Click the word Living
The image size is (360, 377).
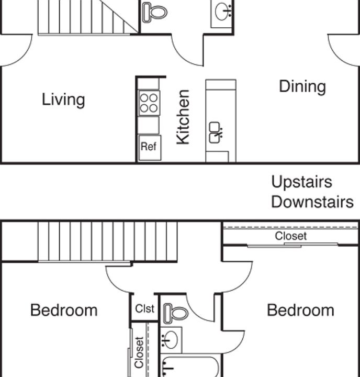[x=63, y=99]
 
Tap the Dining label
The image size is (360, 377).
[x=302, y=86]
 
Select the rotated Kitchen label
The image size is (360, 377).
[x=183, y=117]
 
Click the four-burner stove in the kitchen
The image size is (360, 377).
[x=149, y=103]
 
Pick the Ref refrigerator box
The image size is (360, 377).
[x=149, y=147]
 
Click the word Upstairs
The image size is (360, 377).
[x=301, y=182]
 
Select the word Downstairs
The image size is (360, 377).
[x=312, y=202]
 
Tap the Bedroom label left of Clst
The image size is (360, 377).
[x=64, y=310]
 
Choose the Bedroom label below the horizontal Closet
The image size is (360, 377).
[x=300, y=310]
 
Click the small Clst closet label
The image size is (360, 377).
[x=145, y=309]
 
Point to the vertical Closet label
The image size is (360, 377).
[x=139, y=351]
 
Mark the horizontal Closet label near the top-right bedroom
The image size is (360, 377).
[x=291, y=236]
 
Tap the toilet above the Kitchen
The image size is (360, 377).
[x=155, y=12]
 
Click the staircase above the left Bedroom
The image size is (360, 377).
[x=107, y=241]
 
